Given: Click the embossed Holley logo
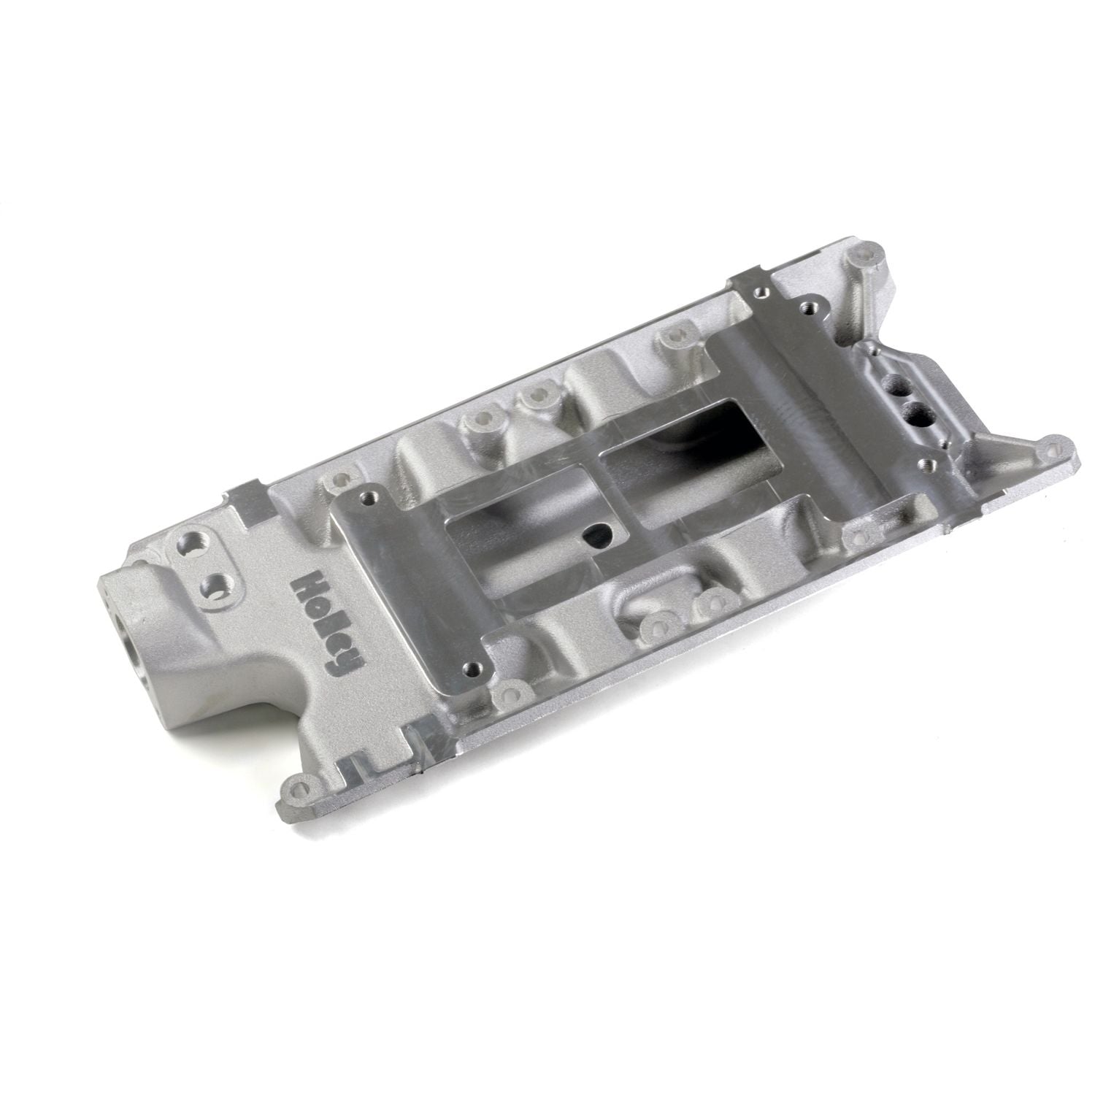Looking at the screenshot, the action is tap(328, 616).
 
